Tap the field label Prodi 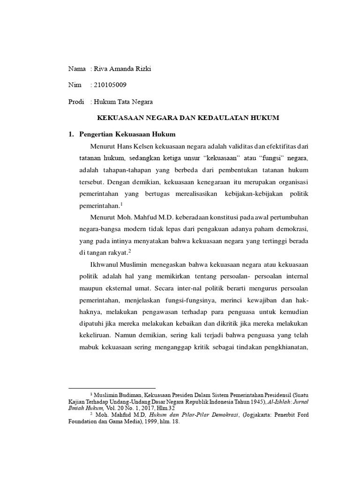click(x=76, y=101)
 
